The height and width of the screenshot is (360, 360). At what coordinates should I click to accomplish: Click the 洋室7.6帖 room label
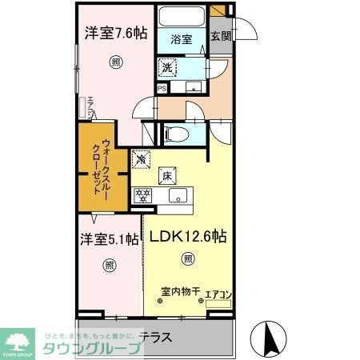coord(117,34)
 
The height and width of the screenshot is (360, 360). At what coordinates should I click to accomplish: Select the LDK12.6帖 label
coord(186,238)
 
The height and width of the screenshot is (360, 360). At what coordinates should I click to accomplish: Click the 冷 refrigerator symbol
coord(141,160)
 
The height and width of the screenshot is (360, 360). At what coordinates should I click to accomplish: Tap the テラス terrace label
coord(155,337)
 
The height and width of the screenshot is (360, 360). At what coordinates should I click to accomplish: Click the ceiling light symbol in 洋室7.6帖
coord(116,62)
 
